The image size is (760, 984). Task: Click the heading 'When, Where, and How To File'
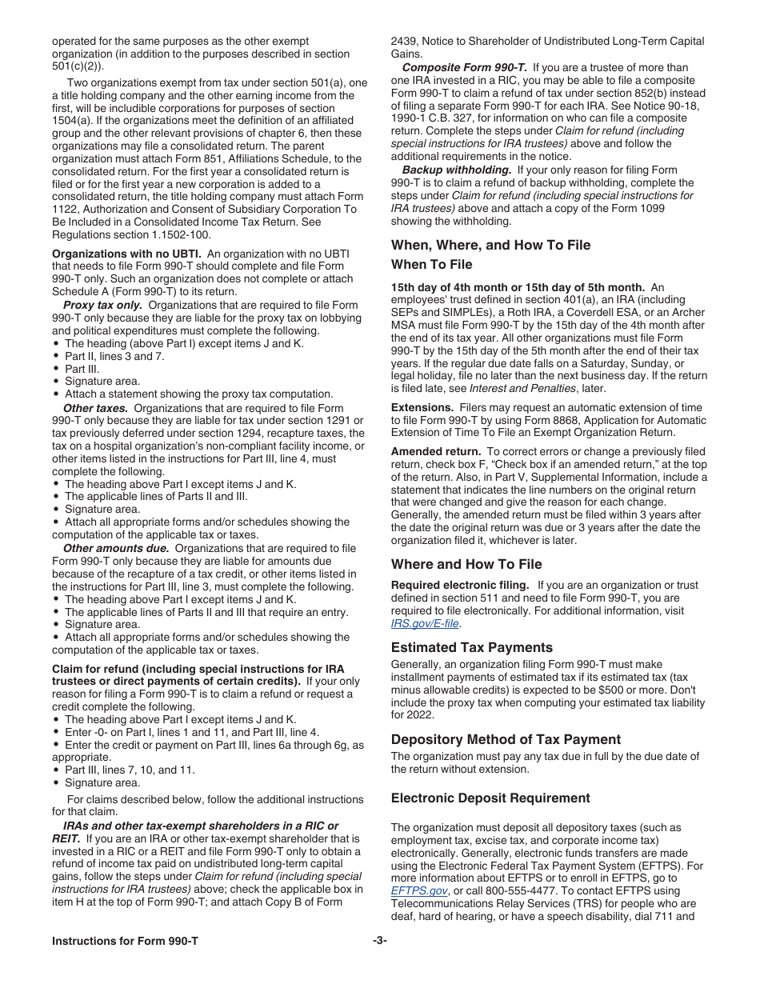490,245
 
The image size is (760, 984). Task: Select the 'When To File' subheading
431,264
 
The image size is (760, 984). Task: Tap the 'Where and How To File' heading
466,564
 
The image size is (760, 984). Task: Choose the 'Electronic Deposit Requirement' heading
490,798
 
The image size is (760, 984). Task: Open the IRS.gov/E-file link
426,623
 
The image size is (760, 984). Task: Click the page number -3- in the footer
380,941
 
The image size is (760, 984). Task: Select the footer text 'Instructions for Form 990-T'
125,941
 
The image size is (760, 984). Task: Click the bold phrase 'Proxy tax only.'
103,305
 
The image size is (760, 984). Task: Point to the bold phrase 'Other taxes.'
95,407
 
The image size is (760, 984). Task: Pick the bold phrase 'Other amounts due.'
116,548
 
